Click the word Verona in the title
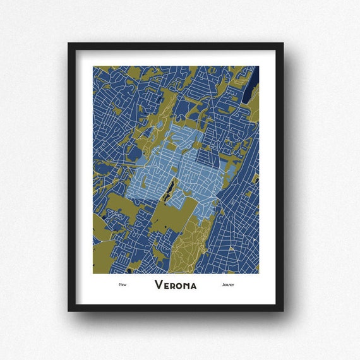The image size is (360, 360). (x=176, y=285)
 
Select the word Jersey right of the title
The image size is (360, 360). (x=228, y=285)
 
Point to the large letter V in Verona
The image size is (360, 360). (x=159, y=285)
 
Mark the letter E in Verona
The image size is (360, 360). (x=166, y=285)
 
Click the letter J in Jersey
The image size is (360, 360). (x=224, y=285)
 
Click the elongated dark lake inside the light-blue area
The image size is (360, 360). (x=168, y=189)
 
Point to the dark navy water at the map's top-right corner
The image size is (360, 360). (x=255, y=79)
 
